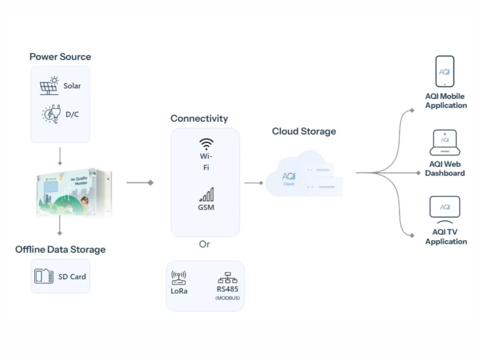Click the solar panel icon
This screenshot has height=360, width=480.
click(x=49, y=86)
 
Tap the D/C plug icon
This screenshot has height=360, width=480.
click(x=51, y=114)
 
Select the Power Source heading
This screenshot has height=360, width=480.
click(x=60, y=57)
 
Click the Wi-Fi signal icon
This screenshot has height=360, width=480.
click(x=206, y=144)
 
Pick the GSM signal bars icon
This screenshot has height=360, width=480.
click(x=206, y=195)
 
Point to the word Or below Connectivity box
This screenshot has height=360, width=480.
click(x=204, y=244)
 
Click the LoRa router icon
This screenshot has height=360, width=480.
click(x=179, y=278)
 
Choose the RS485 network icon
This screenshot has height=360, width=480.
click(x=228, y=278)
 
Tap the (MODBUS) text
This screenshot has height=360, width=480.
click(x=228, y=298)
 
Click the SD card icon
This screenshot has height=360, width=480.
click(x=44, y=276)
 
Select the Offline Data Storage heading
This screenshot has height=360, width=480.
click(x=60, y=249)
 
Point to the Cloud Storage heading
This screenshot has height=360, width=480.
click(x=304, y=131)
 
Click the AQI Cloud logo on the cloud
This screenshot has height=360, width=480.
click(x=288, y=177)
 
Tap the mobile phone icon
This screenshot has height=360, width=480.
click(x=444, y=71)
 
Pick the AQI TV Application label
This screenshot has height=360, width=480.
click(x=446, y=237)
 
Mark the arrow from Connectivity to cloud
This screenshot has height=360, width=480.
click(x=253, y=183)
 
